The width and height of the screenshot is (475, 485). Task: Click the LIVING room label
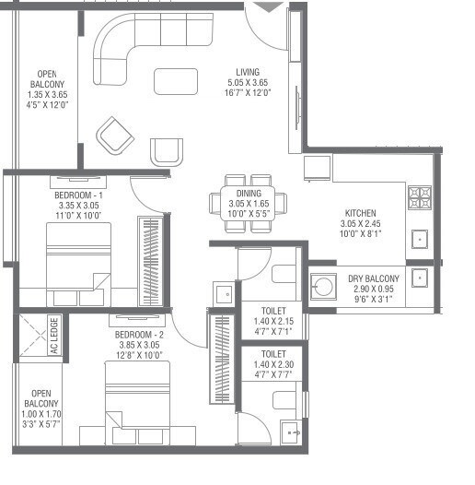(x=247, y=72)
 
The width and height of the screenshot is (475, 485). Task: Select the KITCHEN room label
(x=358, y=213)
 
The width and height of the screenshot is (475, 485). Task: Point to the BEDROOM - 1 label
(x=78, y=195)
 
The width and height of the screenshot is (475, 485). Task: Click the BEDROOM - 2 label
(x=141, y=334)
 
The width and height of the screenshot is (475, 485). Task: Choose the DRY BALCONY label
(x=374, y=278)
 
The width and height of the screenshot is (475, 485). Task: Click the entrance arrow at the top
(x=268, y=7)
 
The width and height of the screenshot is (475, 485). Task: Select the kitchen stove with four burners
(x=420, y=197)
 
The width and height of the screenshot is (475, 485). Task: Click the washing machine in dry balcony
(x=323, y=287)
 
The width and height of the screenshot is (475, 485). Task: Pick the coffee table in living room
(x=176, y=81)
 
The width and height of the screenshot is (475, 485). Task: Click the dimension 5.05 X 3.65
(x=247, y=83)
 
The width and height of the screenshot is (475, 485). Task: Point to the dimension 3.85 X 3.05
(x=141, y=344)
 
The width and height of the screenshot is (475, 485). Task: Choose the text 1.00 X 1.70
(x=41, y=414)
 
